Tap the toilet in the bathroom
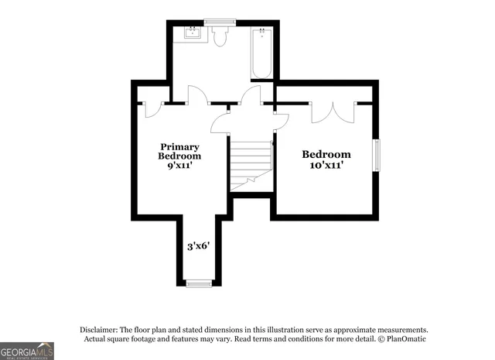pos(220,36)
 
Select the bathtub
pos(261,53)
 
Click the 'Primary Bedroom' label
pos(179,151)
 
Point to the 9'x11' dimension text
pos(179,165)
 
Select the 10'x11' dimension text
pos(326,164)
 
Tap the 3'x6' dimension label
pos(199,247)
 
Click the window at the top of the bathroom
pos(220,21)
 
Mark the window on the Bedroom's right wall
pos(377,154)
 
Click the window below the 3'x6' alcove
pos(199,283)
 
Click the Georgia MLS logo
pos(27,351)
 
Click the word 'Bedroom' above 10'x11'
pos(326,154)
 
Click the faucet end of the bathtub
pos(261,33)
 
